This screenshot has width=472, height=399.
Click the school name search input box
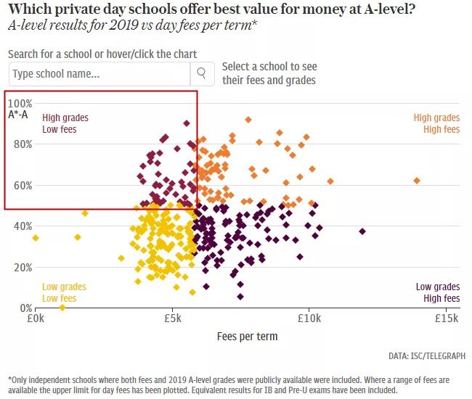coord(99,73)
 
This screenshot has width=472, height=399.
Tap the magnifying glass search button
coord(201,73)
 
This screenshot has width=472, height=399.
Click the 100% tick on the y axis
coord(20,103)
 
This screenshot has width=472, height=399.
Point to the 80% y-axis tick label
coord(23,144)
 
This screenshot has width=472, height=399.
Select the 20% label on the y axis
coord(23,267)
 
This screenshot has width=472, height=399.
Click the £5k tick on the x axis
coord(172,318)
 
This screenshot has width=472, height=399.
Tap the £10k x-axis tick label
coord(309,318)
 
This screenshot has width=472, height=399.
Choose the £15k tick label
coord(447,318)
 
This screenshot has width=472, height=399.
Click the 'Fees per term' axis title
coord(247,337)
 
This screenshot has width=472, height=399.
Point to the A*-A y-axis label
coord(18,115)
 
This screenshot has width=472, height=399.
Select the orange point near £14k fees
coord(417,181)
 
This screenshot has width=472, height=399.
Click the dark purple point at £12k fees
coord(362,231)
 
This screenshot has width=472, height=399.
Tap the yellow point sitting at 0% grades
coord(62,308)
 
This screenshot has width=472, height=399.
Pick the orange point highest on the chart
coord(248,119)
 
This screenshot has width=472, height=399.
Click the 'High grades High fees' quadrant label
coord(436,123)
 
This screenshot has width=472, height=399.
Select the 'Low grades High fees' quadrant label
coord(437,292)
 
